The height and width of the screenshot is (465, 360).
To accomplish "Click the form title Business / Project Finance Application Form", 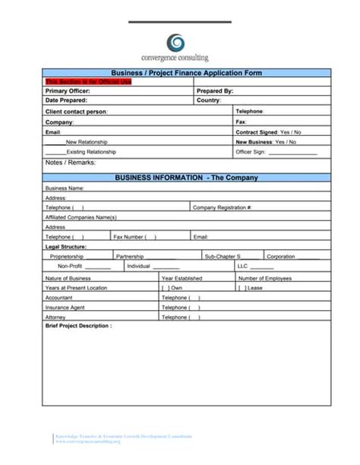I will tap(186, 73).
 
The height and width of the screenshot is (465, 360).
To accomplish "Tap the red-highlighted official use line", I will tap(77, 81).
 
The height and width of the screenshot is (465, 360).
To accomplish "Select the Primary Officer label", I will tap(68, 90).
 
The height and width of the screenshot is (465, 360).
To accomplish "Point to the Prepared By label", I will tap(215, 90).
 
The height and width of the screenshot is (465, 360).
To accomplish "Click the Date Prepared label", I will tap(66, 100).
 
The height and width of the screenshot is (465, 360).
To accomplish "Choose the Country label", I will tap(209, 100).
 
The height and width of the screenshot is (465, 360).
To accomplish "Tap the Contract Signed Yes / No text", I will tap(268, 131).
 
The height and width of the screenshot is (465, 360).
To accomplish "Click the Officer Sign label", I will tap(251, 152).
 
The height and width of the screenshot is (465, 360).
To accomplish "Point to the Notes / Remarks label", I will tap(71, 163).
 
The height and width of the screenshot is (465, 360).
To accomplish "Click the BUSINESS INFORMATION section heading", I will tap(186, 178).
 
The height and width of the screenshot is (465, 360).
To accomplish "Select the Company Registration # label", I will tap(222, 207).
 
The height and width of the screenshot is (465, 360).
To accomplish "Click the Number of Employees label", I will tap(264, 278).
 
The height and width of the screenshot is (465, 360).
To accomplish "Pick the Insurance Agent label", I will tap(65, 308).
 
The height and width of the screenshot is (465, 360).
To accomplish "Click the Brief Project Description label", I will tap(78, 325).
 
